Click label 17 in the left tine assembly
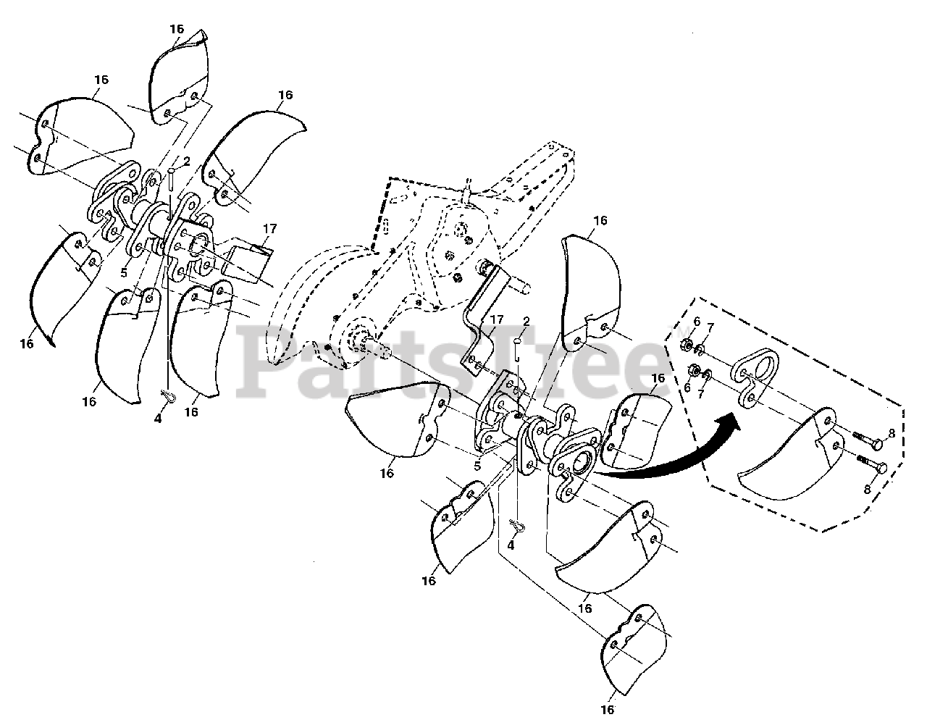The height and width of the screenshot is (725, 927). point(270,229)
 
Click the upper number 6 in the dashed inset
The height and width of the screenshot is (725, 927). point(697,322)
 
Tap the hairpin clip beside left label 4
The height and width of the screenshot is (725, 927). point(168,397)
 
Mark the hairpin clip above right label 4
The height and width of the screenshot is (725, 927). point(517,523)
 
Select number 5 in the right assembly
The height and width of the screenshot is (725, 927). point(477,466)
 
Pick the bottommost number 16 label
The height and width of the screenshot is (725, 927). point(608,709)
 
